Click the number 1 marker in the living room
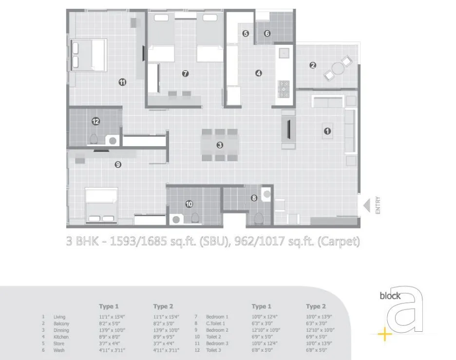327,131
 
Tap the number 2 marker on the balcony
313,65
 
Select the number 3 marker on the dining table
220,145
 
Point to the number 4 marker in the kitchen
258,73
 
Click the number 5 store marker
246,34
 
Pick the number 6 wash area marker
267,34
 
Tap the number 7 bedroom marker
185,74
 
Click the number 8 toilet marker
254,198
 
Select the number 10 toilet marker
189,204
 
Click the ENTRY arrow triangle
367,206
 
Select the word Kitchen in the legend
61,337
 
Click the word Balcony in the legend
61,323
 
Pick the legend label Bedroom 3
217,344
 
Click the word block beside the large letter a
391,296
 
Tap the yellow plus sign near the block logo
385,335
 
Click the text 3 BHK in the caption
82,241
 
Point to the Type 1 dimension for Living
112,317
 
